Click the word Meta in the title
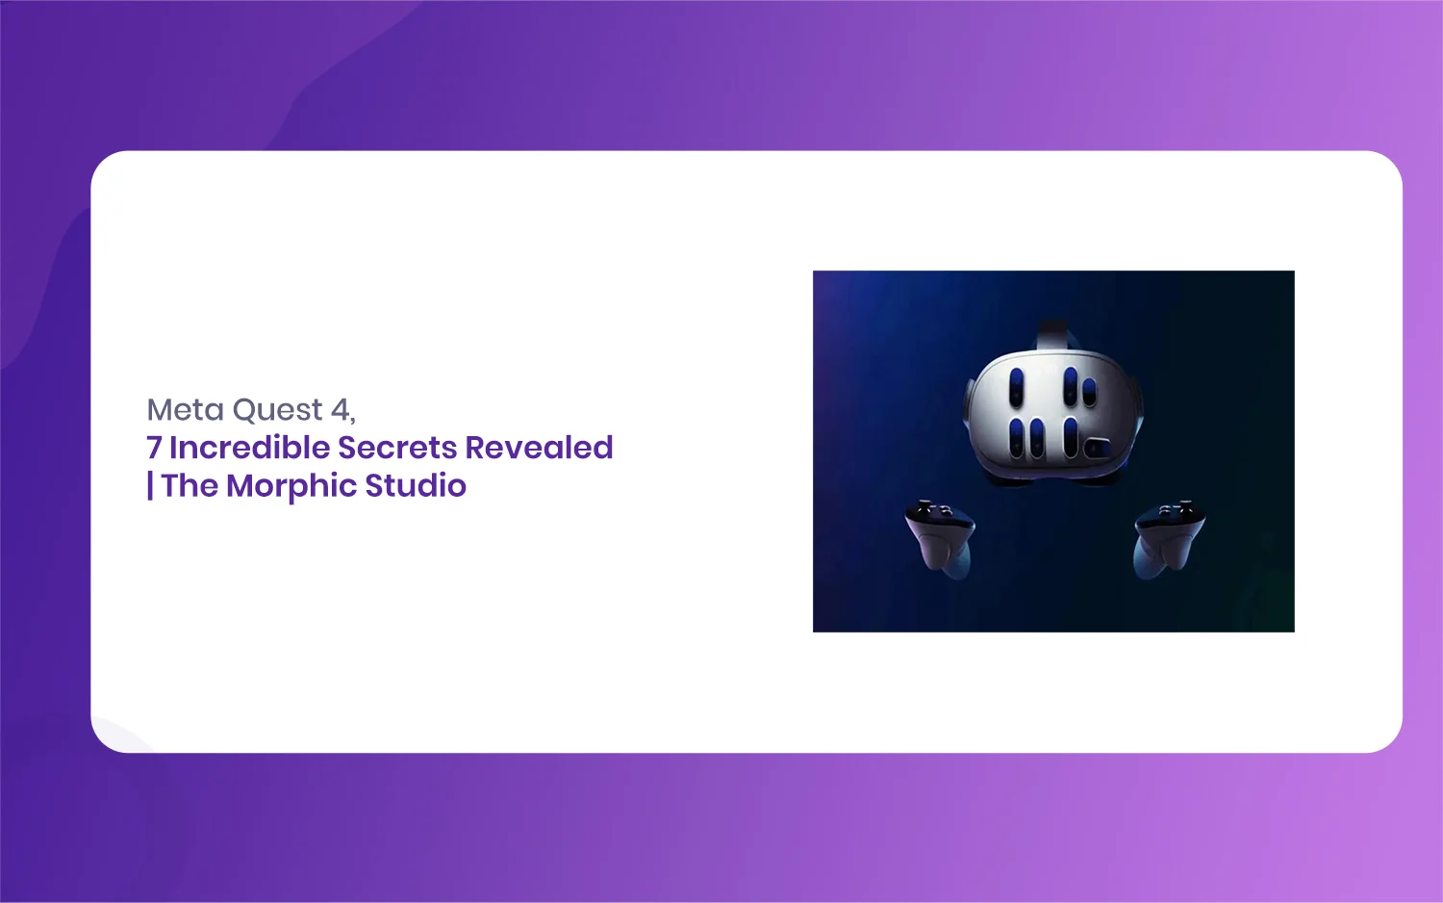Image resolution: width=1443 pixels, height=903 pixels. point(185,409)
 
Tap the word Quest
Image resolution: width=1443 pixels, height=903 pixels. point(277,410)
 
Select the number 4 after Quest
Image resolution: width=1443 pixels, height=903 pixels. point(340,409)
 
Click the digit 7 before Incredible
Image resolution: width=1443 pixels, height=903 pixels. point(153,448)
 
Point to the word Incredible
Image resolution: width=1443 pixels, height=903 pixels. point(249,447)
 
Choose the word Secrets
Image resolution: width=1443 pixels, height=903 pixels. point(396,448)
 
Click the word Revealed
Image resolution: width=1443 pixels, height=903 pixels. point(539,447)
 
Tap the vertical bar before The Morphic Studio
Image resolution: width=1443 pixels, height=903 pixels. point(150,485)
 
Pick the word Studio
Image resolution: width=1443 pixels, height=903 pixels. point(416,484)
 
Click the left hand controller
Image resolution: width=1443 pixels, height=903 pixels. point(941,538)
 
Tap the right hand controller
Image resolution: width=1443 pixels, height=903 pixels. point(1169,538)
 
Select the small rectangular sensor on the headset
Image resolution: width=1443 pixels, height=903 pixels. point(1097,448)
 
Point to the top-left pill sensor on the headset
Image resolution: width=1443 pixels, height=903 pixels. point(1017,387)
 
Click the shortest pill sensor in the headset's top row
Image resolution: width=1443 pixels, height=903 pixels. point(1089,392)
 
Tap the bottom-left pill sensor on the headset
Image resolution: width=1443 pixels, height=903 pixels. point(1016,438)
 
